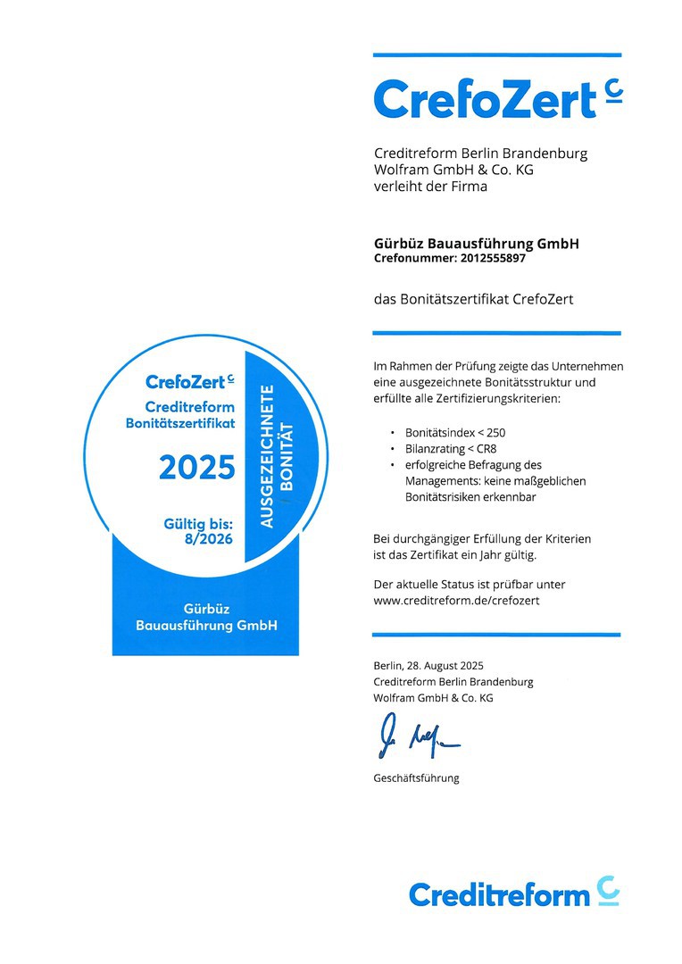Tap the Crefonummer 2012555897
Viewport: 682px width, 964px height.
tap(450, 259)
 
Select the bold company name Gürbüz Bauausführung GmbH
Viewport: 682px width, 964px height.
tap(476, 244)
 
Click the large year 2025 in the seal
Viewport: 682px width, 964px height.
tap(196, 467)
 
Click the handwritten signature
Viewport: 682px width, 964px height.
tap(416, 736)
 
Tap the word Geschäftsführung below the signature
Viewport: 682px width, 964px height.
tap(416, 778)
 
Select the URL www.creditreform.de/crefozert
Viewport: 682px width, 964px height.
tap(456, 601)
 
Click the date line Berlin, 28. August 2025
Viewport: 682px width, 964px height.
tap(428, 665)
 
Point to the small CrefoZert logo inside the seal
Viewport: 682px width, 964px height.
tap(189, 382)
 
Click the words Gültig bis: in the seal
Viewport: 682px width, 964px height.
tap(198, 525)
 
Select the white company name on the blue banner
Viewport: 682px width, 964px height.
tap(206, 617)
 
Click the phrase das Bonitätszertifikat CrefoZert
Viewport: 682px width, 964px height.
tap(473, 300)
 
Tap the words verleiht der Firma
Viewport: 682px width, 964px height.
tap(430, 187)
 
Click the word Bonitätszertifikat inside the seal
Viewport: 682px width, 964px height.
tap(180, 423)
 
